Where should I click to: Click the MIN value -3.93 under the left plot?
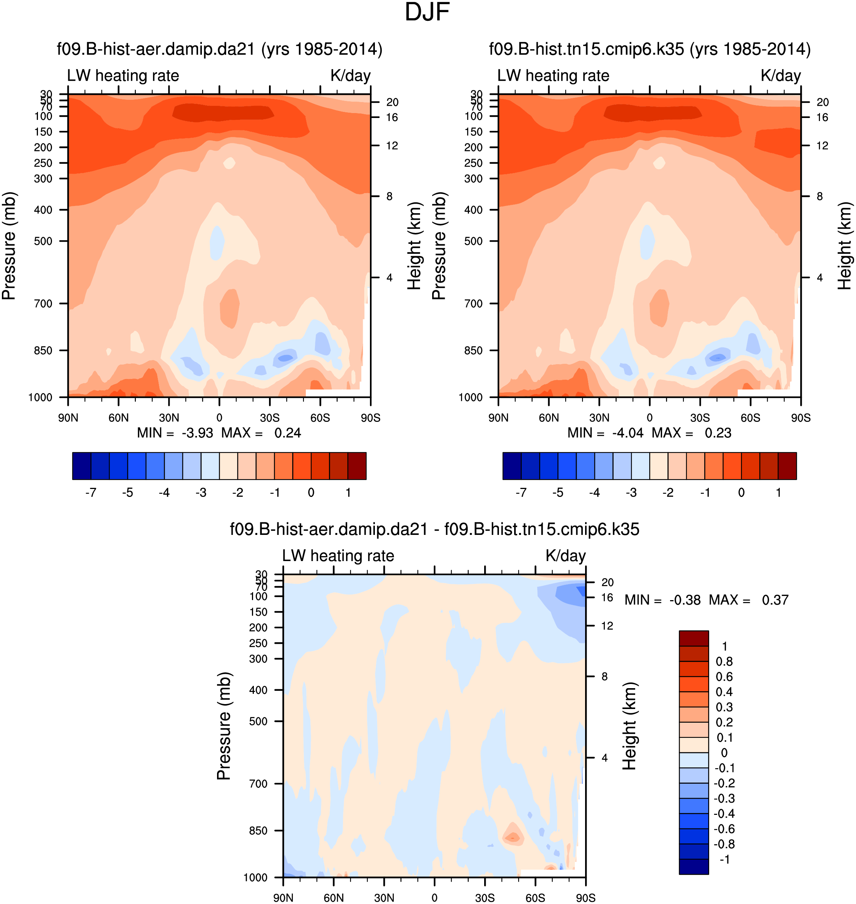point(197,433)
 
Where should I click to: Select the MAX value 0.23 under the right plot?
point(718,433)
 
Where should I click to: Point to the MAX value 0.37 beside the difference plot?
point(775,600)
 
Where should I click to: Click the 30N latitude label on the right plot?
point(599,418)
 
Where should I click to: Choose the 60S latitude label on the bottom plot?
point(535,898)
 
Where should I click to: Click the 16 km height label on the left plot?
point(392,118)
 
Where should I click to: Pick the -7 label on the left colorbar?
point(91,493)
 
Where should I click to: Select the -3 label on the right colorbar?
point(631,493)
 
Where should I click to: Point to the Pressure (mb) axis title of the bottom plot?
point(224,725)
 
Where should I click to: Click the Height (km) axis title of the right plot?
point(845,246)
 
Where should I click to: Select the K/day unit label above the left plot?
point(350,76)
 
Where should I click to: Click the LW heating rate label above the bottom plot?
point(338,555)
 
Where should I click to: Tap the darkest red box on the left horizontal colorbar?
point(357,466)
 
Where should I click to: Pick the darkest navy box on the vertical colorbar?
point(694,866)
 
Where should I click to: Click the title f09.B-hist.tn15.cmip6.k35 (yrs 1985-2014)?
point(650,49)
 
